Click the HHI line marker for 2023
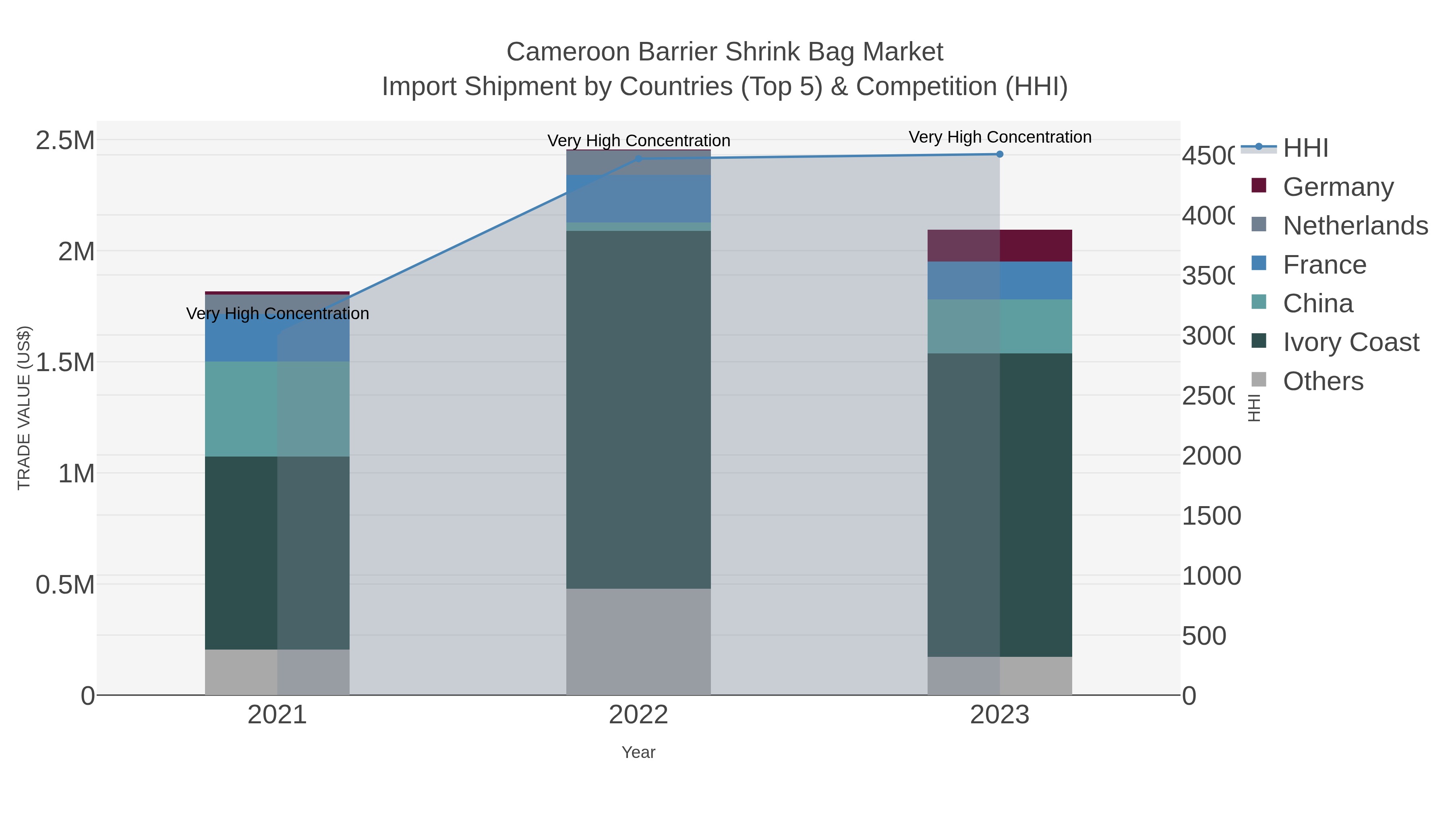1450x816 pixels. point(1000,154)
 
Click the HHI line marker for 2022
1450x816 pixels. point(638,159)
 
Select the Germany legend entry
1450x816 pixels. point(1337,187)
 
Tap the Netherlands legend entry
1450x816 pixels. point(1354,226)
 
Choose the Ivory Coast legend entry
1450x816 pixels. point(1351,343)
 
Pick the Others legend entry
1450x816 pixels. point(1323,381)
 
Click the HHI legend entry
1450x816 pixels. point(1305,148)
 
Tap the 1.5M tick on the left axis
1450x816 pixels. point(65,363)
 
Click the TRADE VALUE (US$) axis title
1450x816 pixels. point(24,408)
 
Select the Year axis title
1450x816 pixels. point(638,752)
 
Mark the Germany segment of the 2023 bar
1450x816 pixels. point(1000,245)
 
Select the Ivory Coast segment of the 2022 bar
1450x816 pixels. point(638,409)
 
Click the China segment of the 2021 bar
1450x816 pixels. point(277,409)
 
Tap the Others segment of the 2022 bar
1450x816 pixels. point(638,642)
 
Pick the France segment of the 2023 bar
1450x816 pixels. point(1000,280)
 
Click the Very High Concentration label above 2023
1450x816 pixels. point(1000,137)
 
